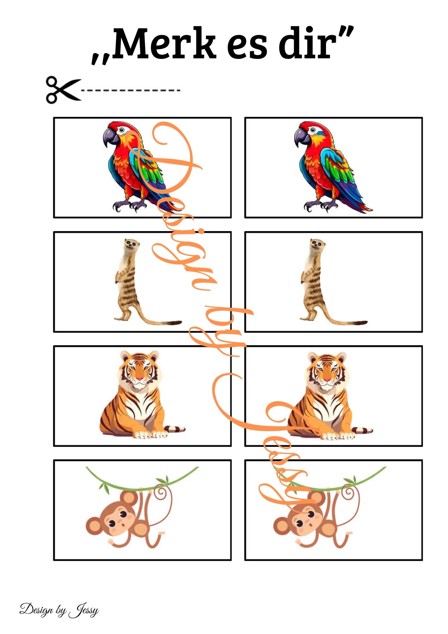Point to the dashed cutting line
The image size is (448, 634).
click(x=131, y=90)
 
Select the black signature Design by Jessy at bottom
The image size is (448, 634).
click(x=59, y=610)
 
